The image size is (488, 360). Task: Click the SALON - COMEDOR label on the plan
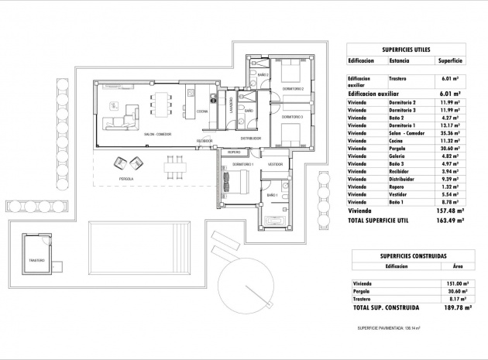click(157, 135)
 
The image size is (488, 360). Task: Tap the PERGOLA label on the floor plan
click(127, 179)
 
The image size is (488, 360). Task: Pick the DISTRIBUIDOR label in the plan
click(250, 139)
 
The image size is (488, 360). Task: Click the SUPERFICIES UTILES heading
click(406, 48)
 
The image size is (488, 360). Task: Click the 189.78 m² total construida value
click(448, 307)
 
